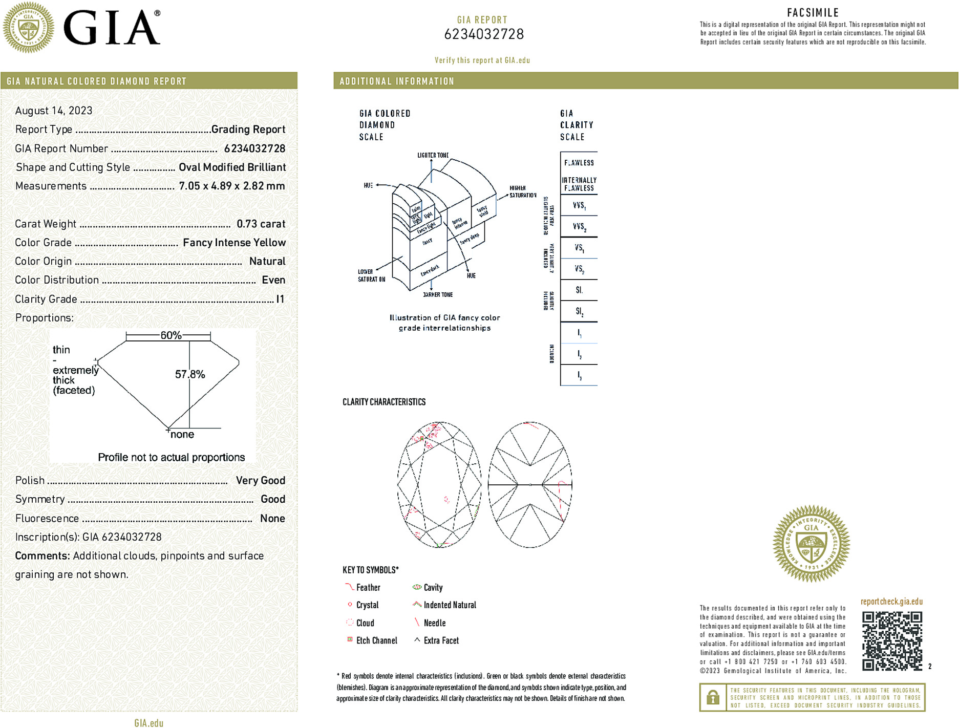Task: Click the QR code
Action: click(892, 640)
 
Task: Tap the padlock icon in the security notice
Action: click(713, 697)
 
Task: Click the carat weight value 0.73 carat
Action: click(261, 224)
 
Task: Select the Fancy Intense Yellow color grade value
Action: click(234, 243)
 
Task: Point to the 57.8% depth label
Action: click(190, 374)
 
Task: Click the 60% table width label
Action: click(171, 335)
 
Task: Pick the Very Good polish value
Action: click(260, 480)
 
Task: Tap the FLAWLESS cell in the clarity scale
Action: click(579, 163)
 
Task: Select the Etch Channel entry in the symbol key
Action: click(376, 640)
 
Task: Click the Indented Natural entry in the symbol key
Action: click(450, 605)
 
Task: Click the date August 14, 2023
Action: click(54, 111)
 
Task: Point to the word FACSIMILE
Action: click(813, 13)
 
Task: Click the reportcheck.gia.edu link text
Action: click(891, 602)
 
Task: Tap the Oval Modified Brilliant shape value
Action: click(232, 167)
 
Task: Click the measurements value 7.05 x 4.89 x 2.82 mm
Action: click(231, 186)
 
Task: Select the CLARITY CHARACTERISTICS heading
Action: click(384, 402)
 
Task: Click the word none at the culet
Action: click(182, 435)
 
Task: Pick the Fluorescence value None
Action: click(272, 518)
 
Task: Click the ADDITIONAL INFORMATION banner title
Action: click(397, 81)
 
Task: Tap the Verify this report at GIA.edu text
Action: click(482, 60)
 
